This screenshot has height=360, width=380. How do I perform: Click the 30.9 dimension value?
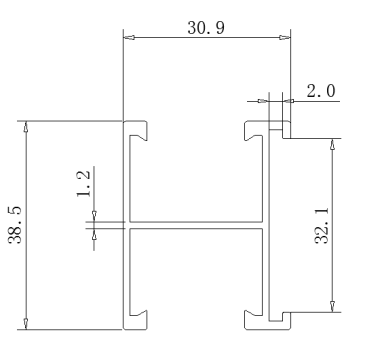click(206, 28)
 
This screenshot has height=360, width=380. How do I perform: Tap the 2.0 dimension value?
click(321, 91)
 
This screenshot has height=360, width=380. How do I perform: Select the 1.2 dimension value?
click(83, 184)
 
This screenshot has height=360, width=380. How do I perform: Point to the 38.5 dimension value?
click(15, 225)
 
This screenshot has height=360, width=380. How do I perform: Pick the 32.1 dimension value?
click(322, 225)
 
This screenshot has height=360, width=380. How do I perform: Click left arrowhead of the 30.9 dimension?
click(129, 37)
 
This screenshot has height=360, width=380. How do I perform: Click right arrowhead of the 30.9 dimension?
click(285, 37)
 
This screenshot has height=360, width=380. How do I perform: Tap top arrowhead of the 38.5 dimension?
click(26, 127)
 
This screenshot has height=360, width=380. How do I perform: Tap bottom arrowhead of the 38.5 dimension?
click(26, 324)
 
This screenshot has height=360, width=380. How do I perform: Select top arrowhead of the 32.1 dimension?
click(332, 144)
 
